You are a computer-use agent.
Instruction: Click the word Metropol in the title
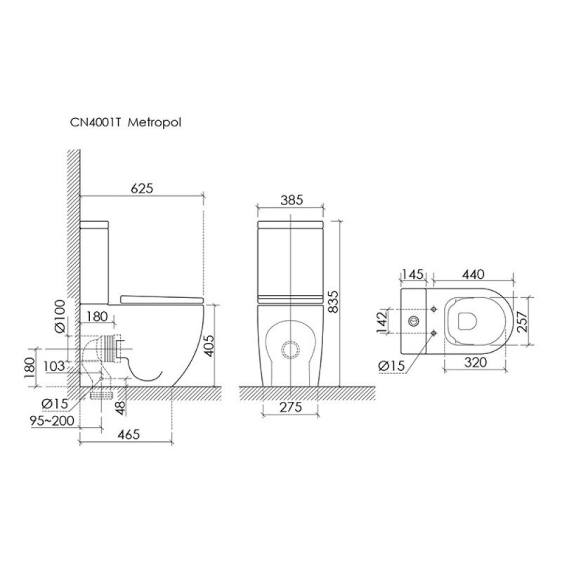pos(155,123)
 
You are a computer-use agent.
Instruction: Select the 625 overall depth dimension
pos(142,188)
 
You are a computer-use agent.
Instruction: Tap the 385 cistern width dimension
pos(292,200)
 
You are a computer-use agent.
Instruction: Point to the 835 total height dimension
pos(333,302)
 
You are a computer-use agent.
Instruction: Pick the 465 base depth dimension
pos(129,434)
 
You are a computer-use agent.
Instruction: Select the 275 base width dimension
pos(291,407)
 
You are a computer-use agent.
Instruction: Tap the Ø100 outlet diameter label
pos(60,316)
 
